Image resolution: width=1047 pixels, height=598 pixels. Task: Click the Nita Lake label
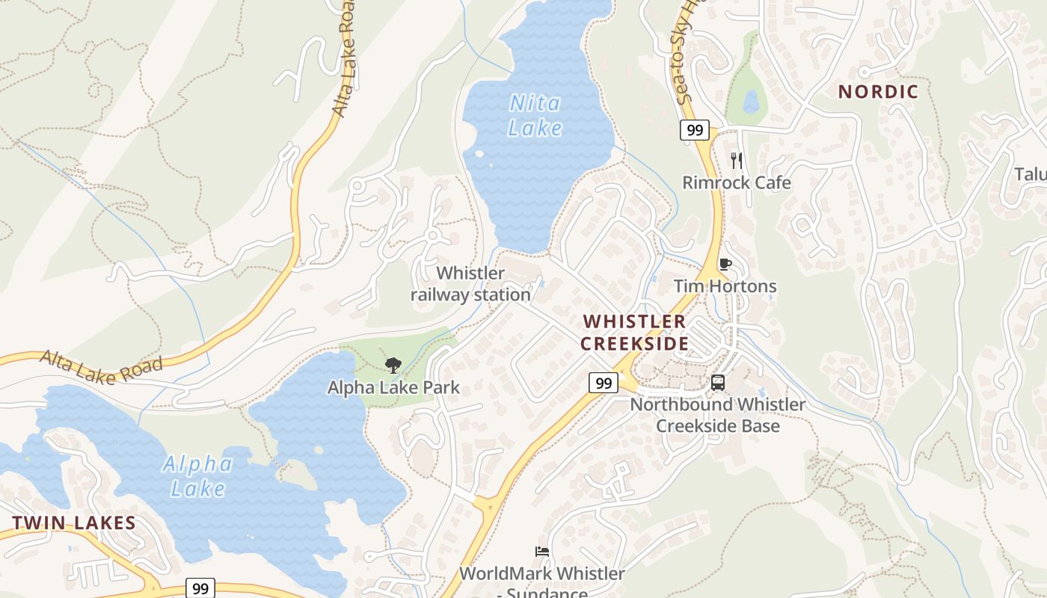[535, 115]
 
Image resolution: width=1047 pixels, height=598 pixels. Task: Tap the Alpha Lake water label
[197, 476]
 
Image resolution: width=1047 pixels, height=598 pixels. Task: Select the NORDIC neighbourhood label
[878, 92]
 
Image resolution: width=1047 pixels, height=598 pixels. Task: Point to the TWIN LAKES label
[74, 523]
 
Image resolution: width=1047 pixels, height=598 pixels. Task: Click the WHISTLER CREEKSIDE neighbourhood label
[634, 333]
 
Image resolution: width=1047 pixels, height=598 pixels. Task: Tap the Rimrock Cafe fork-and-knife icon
[737, 160]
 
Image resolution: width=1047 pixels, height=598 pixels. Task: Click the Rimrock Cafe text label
[737, 182]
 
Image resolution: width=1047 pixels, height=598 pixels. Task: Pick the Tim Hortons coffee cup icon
[724, 264]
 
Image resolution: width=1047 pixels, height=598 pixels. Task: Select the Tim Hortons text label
[725, 286]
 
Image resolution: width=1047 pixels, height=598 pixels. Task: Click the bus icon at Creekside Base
[718, 383]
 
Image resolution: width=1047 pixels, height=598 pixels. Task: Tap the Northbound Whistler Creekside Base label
[718, 415]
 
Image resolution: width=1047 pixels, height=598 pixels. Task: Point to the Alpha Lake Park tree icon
[393, 366]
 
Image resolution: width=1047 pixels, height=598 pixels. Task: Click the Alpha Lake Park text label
[393, 388]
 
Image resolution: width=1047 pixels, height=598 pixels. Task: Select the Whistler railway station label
[471, 284]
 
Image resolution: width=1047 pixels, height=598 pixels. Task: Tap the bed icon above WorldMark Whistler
[542, 552]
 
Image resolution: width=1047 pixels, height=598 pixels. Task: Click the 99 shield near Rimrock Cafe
[695, 130]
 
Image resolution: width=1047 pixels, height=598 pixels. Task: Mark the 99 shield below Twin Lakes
[200, 588]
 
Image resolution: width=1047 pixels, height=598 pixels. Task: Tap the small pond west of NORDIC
[751, 101]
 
